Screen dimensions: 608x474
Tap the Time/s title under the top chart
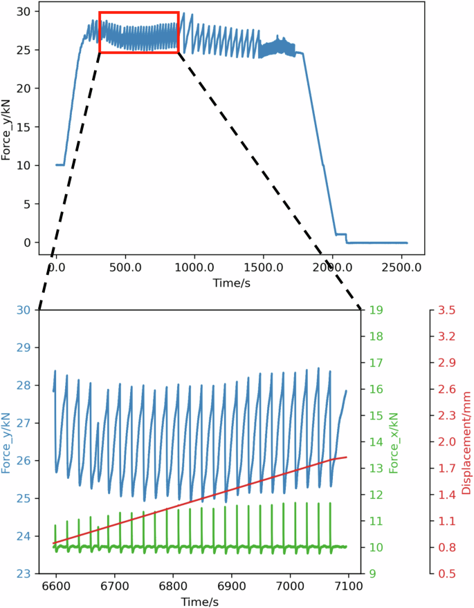coord(230,283)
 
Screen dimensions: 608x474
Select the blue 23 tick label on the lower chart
coord(25,573)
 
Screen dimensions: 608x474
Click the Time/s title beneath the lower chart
coord(200,601)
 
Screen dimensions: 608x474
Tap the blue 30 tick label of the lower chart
coord(25,310)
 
